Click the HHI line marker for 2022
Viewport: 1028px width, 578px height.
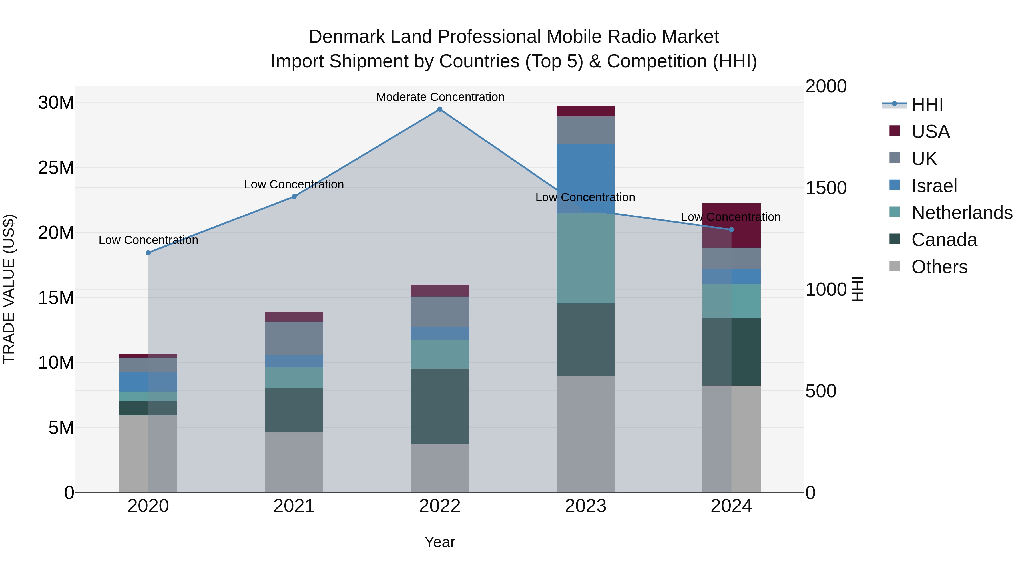point(440,109)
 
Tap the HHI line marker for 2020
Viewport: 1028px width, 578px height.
point(148,253)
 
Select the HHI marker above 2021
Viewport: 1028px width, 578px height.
point(294,197)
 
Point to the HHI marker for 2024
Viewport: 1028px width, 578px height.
point(732,230)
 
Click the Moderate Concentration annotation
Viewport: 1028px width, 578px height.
point(440,97)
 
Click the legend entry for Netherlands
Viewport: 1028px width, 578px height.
point(962,213)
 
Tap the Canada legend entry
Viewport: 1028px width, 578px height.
point(944,240)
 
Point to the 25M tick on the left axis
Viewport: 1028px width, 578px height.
point(56,168)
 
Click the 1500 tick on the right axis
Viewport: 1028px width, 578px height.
point(826,188)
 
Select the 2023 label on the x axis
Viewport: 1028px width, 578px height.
point(585,506)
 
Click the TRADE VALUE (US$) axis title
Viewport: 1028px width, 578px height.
point(9,289)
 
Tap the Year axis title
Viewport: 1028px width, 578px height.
point(440,542)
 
